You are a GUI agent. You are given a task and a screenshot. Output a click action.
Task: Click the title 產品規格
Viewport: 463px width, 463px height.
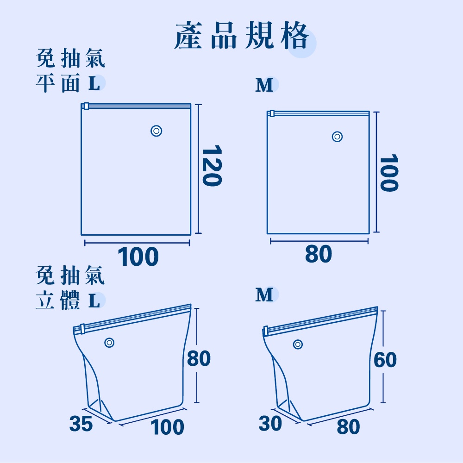(x=241, y=36)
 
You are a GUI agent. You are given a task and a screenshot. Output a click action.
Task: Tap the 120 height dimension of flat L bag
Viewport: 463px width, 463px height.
(x=212, y=166)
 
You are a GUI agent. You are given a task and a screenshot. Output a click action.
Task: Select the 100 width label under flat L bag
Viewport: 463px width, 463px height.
(x=138, y=257)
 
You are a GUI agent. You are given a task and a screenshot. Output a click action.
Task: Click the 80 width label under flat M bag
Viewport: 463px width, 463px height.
(x=319, y=254)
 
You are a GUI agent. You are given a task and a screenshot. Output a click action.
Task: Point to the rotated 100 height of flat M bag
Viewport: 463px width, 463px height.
(x=389, y=173)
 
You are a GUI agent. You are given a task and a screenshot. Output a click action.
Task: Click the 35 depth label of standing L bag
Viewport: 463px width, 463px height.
(x=81, y=424)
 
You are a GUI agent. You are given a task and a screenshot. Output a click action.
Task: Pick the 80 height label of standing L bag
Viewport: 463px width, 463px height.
(x=199, y=358)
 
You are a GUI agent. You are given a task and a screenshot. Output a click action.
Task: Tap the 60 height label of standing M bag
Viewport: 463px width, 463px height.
(x=385, y=360)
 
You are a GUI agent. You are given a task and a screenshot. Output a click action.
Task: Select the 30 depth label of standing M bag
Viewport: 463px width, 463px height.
(x=270, y=424)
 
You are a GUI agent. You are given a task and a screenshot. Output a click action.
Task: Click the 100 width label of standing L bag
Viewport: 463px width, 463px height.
(x=167, y=427)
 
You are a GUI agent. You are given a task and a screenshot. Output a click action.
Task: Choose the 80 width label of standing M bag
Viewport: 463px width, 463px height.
(x=349, y=427)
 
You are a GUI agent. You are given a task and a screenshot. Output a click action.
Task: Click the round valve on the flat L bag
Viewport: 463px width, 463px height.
(x=156, y=131)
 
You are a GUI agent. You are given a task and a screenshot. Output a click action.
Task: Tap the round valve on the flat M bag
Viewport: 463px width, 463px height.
(x=337, y=137)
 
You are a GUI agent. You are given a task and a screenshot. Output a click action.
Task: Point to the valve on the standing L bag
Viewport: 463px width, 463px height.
(x=109, y=343)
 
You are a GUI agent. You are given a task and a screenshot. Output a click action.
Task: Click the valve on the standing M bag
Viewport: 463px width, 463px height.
(x=298, y=344)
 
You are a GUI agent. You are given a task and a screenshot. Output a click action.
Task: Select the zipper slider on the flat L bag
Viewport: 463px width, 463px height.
(x=86, y=106)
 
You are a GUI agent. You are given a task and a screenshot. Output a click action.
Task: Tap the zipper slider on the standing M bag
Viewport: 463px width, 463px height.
(x=266, y=331)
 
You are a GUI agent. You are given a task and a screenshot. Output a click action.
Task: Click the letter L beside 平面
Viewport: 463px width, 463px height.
(x=94, y=83)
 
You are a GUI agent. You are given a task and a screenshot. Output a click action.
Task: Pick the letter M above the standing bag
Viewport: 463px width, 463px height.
(x=264, y=294)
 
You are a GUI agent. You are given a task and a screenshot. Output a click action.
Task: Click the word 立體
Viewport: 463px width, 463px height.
(x=57, y=300)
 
